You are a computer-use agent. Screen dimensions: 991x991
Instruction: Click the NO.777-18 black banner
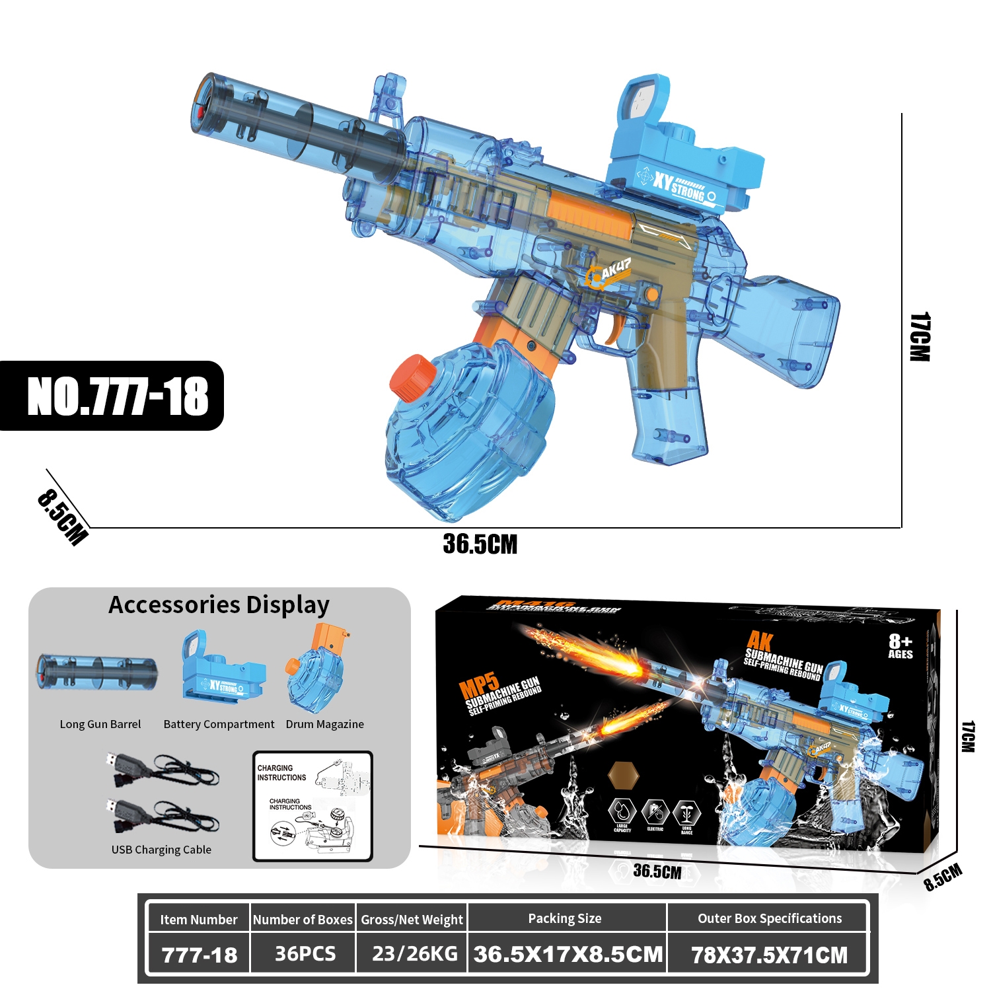[112, 396]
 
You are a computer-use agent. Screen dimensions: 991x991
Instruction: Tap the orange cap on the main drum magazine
[412, 378]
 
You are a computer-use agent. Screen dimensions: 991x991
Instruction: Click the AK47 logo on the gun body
[608, 272]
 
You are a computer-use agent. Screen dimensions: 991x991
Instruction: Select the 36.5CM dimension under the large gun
[480, 544]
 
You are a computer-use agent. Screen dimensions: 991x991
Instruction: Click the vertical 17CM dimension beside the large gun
[920, 337]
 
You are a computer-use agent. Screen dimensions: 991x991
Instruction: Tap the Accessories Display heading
[219, 605]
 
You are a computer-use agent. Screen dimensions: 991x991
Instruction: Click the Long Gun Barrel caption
[100, 724]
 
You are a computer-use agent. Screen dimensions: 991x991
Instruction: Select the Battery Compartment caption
[219, 724]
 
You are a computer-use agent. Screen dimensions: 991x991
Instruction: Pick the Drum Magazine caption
[324, 724]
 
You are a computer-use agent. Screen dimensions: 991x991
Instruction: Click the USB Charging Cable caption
[161, 850]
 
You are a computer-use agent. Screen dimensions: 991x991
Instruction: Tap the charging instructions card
[312, 806]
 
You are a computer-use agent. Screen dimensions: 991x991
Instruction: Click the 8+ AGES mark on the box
[900, 645]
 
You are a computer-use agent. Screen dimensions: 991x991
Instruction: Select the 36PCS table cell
[305, 954]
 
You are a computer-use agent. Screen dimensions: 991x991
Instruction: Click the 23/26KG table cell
[414, 954]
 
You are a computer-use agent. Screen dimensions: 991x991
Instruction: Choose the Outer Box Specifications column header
[770, 918]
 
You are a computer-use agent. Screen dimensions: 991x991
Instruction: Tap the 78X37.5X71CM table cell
[769, 955]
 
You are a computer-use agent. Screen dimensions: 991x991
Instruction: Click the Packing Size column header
[565, 918]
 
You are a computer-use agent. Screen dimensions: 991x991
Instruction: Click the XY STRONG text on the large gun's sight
[679, 186]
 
